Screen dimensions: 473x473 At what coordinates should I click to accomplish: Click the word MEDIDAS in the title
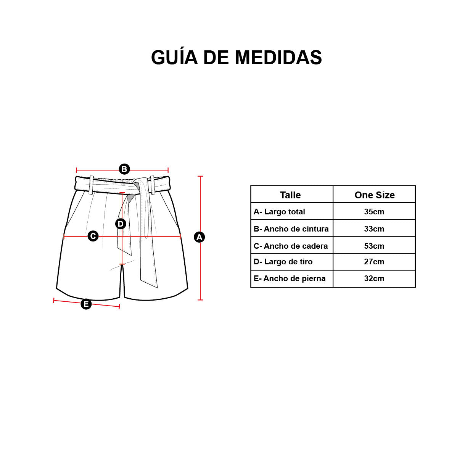coord(278,58)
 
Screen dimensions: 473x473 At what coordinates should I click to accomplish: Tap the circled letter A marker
coord(199,237)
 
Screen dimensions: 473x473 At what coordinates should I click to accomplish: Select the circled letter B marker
coord(124,169)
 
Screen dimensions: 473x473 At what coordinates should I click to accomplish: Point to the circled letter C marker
coord(93,236)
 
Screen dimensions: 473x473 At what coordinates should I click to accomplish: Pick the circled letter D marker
coord(121,224)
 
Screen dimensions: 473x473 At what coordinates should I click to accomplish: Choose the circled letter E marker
coord(86,304)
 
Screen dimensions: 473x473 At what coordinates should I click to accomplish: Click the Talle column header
coord(290,195)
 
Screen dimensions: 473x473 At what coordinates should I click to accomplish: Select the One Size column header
coord(375,195)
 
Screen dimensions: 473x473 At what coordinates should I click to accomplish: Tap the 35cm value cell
coord(374,212)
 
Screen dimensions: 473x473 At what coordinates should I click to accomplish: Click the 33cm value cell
coord(374,229)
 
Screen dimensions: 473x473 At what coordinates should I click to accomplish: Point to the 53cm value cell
coord(374,246)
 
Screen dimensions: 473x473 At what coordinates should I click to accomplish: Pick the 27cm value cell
coord(374,262)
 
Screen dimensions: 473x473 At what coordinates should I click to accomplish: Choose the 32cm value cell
coord(374,278)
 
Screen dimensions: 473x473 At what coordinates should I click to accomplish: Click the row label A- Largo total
coord(279,212)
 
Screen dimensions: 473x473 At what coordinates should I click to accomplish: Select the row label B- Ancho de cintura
coord(291,229)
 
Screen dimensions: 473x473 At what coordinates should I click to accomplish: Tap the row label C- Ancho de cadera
coord(291,246)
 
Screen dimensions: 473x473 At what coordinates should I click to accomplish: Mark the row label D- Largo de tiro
coord(283,262)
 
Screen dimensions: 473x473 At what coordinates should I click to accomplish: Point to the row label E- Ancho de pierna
coord(290,278)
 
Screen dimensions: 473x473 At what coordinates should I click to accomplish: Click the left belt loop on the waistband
coord(91,185)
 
